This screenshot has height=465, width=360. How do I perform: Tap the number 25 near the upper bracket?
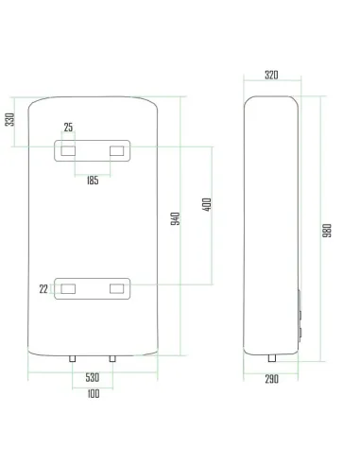pyautogui.click(x=68, y=128)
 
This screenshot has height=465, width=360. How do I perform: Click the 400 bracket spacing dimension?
pyautogui.click(x=206, y=205)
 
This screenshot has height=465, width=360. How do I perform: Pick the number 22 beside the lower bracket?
pyautogui.click(x=43, y=289)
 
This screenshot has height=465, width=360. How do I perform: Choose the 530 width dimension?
pyautogui.click(x=92, y=377)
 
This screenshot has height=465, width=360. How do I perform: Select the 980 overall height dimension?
pyautogui.click(x=326, y=230)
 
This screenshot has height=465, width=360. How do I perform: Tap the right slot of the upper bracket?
pyautogui.click(x=118, y=149)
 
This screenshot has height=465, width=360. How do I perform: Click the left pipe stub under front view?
pyautogui.click(x=73, y=359)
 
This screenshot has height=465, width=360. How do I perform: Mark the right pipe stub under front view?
pyautogui.click(x=112, y=359)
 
